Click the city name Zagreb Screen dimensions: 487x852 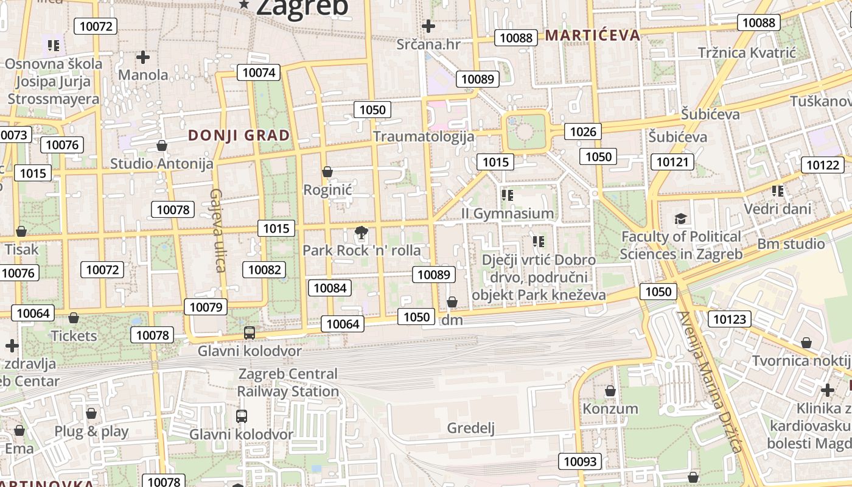[x=302, y=7]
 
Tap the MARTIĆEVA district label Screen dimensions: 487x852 [x=593, y=35]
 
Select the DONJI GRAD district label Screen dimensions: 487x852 [x=239, y=135]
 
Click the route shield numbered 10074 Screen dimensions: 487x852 [x=259, y=72]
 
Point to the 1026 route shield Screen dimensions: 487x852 [x=582, y=131]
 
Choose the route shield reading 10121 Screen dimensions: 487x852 [x=672, y=162]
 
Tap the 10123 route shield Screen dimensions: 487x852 [x=730, y=319]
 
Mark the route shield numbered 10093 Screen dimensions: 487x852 [x=581, y=461]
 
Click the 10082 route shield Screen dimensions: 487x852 [x=265, y=270]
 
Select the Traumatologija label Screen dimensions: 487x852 [x=424, y=136]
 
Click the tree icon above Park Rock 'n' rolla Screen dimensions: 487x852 [x=361, y=232]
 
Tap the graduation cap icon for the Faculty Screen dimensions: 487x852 [x=680, y=219]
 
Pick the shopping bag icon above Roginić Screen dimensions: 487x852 [x=327, y=172]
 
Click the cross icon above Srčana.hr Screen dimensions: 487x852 [x=428, y=26]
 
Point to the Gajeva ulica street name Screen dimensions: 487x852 [x=217, y=230]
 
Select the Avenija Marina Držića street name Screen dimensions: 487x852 [x=710, y=382]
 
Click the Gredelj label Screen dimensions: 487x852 [x=471, y=428]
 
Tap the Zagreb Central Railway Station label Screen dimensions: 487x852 [x=288, y=382]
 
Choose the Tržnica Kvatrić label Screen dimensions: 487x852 [x=747, y=53]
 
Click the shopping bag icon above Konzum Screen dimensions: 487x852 [x=610, y=390]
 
